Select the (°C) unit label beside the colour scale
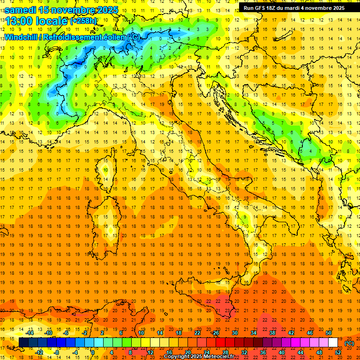click(x=349, y=343)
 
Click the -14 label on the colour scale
click(x=30, y=333)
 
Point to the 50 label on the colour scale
click(x=328, y=333)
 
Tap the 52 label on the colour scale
click(x=338, y=352)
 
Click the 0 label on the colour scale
click(x=93, y=352)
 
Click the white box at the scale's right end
click(x=333, y=342)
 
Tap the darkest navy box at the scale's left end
click(x=23, y=342)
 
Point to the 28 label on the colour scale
click(x=225, y=352)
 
